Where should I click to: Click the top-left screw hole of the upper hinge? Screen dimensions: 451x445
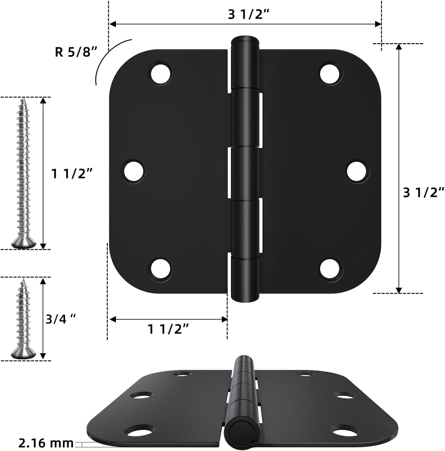coord(161,73)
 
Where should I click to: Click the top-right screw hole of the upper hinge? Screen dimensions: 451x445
coord(330,73)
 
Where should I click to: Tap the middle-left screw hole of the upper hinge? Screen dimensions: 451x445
coord(134,171)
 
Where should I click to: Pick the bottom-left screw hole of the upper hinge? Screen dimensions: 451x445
coord(161,269)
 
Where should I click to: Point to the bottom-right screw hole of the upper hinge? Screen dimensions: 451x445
coord(330,269)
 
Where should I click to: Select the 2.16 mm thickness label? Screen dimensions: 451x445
coord(46,443)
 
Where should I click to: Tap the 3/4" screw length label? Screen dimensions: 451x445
coord(60,319)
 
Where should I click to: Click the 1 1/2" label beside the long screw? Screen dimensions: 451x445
coord(72,174)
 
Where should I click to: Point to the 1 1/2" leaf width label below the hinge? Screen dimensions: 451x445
coord(168,329)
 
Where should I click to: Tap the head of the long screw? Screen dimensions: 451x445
coord(24,243)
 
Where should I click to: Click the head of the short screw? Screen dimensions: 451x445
coord(24,354)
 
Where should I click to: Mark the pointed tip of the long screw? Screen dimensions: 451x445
coord(23,100)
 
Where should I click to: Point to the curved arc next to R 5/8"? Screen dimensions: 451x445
coord(107,55)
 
